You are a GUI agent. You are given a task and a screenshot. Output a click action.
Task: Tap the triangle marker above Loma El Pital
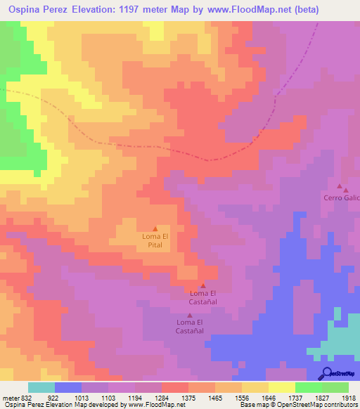pyautogui.click(x=155, y=228)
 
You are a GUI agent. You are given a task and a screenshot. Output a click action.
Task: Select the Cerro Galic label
pyautogui.click(x=342, y=197)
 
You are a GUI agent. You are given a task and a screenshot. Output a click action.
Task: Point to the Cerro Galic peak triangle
pyautogui.click(x=340, y=187)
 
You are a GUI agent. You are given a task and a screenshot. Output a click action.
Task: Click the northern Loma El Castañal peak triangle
pyautogui.click(x=203, y=285)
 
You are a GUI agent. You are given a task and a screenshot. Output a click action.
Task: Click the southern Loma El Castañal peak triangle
pyautogui.click(x=189, y=315)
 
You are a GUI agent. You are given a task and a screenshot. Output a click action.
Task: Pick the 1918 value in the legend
pyautogui.click(x=348, y=397)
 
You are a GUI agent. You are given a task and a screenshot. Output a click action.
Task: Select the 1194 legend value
pyautogui.click(x=134, y=397)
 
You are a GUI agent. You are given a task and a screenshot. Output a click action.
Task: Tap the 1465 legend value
pyautogui.click(x=214, y=397)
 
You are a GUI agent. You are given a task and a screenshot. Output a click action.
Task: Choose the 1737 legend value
pyautogui.click(x=294, y=397)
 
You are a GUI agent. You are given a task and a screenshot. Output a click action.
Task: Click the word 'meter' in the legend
pyautogui.click(x=10, y=397)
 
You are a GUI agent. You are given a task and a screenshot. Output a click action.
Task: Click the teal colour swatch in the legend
pyautogui.click(x=41, y=387)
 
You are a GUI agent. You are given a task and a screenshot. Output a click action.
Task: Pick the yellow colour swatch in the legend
pyautogui.click(x=281, y=387)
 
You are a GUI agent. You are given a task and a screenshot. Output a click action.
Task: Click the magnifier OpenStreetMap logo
pyautogui.click(x=328, y=372)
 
